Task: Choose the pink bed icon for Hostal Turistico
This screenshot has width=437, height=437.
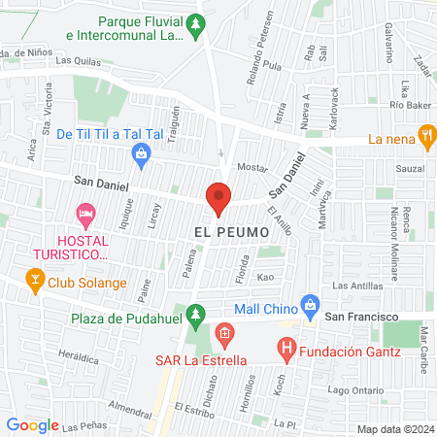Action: coord(85,212)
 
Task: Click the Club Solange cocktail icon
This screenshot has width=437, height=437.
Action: coord(34,283)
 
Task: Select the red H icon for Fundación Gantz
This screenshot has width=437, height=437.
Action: coord(286,346)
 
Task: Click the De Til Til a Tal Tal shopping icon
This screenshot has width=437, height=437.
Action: coord(142,153)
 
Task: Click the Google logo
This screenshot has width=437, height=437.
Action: coord(32,424)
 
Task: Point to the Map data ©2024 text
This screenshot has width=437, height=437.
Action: coord(393,429)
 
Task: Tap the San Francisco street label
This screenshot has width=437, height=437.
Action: coord(362,318)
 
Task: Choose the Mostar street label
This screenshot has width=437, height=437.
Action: coord(252,168)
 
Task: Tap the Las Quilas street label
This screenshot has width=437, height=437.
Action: coord(78,60)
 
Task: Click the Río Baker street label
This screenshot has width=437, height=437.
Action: coord(410,105)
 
